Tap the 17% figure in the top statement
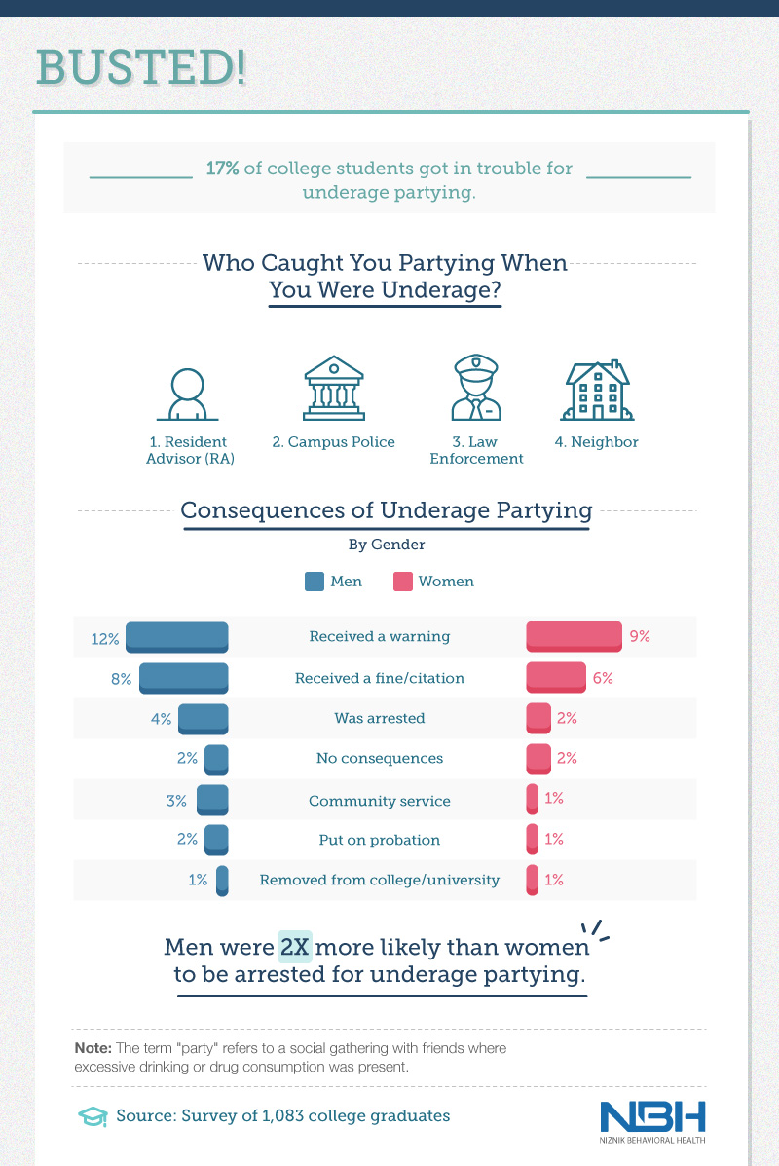(222, 169)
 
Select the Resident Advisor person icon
(182, 394)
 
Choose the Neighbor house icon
(597, 390)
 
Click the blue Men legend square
(315, 582)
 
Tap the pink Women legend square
(402, 582)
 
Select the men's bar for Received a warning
(177, 636)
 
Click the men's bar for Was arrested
(203, 718)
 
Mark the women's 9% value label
(640, 636)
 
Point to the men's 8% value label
(121, 678)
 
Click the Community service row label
(380, 801)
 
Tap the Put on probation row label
(380, 840)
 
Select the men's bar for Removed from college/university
(222, 880)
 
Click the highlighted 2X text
(295, 947)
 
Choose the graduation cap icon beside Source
(93, 1115)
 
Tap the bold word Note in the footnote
(93, 1048)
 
